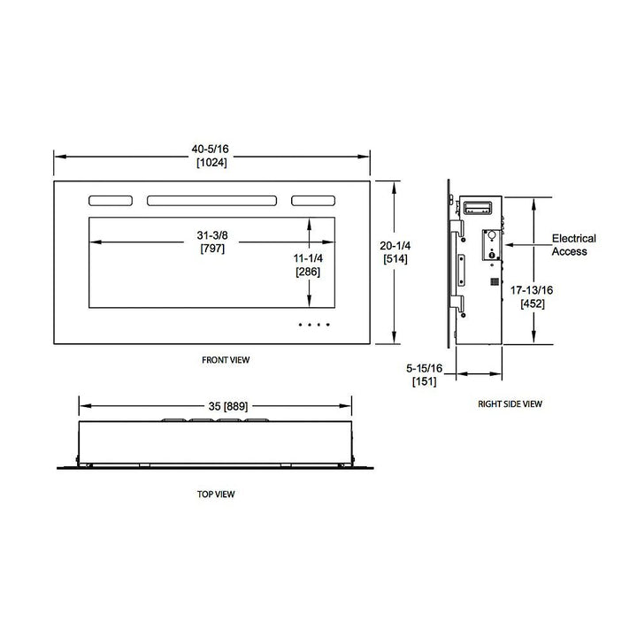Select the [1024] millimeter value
coord(212,164)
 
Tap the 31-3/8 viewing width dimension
coord(212,236)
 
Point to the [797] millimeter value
coord(212,249)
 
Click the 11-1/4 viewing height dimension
coord(308,257)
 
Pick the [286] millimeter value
coord(308,271)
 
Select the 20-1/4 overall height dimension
coord(395,248)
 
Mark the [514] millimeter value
coord(395,261)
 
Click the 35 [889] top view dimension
coord(212,407)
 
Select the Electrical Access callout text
coord(573,245)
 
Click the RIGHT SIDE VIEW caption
coord(510,403)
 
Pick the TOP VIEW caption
coord(216,494)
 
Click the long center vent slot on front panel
coord(212,201)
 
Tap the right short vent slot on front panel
coord(313,201)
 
